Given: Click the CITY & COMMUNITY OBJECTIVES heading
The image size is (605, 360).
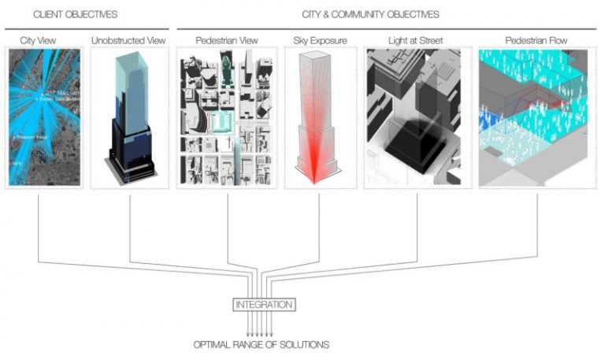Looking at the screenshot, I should point(370,14).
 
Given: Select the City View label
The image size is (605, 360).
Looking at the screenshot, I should point(39,39).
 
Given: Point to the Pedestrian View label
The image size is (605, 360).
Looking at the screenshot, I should point(228,39).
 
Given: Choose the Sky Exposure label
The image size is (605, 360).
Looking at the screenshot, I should point(319,39).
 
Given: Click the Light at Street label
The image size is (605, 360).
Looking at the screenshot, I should point(416,39).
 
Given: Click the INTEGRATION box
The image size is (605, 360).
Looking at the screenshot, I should point(264,304).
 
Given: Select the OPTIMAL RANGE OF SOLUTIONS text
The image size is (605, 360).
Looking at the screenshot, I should point(262,344).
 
